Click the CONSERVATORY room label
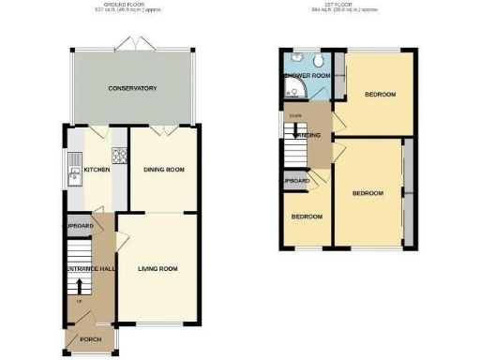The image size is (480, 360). pos(132,88)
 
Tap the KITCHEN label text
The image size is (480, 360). pos(97,170)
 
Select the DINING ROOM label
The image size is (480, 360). pos(163,170)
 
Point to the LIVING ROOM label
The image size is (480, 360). pos(158,269)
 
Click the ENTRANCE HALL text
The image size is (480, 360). pos(87,269)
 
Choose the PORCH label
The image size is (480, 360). pos(90,339)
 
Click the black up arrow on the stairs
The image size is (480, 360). pos(79,286)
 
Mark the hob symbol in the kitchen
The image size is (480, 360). pos(119,157)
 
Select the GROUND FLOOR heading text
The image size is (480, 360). pos(132,5)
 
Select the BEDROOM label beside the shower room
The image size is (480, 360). pos(380,95)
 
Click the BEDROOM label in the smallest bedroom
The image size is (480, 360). pos(307,217)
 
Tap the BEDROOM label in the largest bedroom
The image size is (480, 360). pos(367,193)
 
